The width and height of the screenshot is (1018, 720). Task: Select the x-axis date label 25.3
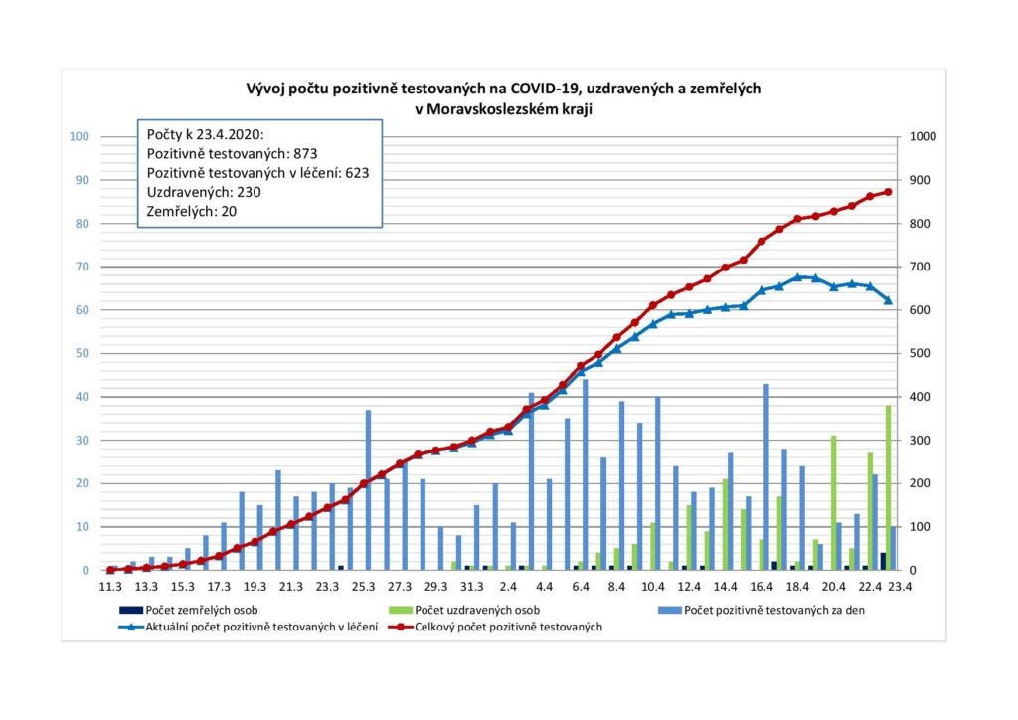click(x=363, y=587)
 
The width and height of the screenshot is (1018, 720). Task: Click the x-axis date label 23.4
click(x=902, y=587)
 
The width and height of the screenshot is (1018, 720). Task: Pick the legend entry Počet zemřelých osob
click(x=196, y=609)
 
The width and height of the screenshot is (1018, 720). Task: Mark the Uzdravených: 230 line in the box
click(x=205, y=191)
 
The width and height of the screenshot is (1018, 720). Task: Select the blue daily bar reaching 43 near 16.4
click(x=766, y=476)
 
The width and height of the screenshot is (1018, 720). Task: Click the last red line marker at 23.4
click(x=888, y=192)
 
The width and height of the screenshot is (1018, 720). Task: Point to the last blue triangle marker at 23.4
click(x=888, y=300)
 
